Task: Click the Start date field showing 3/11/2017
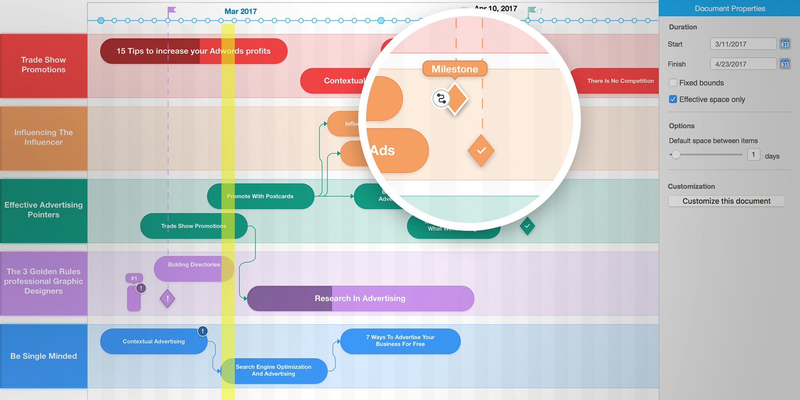(x=743, y=44)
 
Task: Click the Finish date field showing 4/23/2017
(x=743, y=64)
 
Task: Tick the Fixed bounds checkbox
(x=673, y=83)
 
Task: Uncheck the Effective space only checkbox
(x=673, y=99)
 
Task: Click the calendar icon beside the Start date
(x=785, y=44)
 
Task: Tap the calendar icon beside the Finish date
(x=785, y=64)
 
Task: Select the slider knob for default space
(x=676, y=155)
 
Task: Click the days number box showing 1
(x=754, y=155)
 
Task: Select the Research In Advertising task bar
(x=360, y=298)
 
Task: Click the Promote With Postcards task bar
(x=260, y=196)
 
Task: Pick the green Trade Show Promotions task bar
(x=193, y=226)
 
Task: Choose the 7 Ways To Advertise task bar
(x=400, y=341)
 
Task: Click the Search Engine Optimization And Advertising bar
(x=273, y=371)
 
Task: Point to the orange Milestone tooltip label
(x=455, y=69)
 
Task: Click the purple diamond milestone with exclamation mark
(x=167, y=299)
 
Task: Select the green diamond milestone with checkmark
(x=527, y=226)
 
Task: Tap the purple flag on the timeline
(x=171, y=10)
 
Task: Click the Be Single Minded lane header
(x=44, y=356)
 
